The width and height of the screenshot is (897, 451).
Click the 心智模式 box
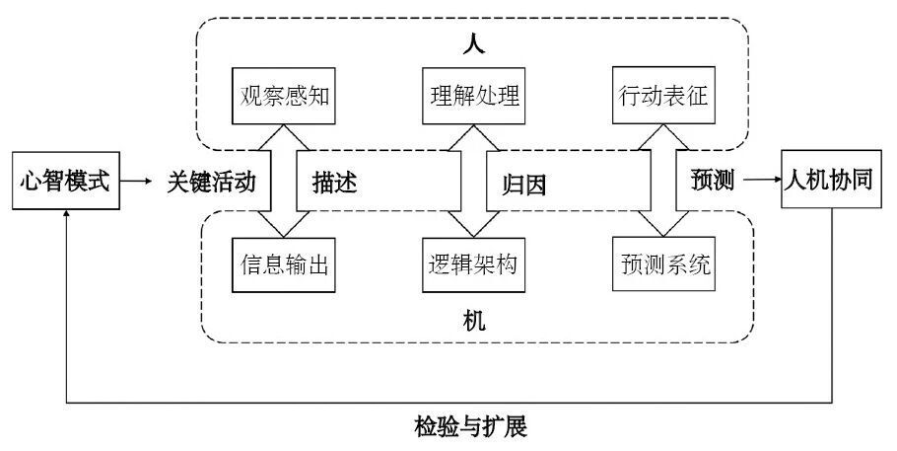pos(65,182)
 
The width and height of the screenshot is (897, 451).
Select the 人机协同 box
pos(832,181)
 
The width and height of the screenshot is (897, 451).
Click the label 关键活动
pos(211,182)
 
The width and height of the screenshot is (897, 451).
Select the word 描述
pos(334,183)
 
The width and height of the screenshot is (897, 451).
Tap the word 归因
pos(523,183)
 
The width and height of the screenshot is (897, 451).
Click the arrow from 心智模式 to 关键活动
pos(142,182)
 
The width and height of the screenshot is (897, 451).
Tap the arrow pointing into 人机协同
pos(760,181)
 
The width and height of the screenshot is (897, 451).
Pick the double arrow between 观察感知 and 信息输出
pos(283,182)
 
